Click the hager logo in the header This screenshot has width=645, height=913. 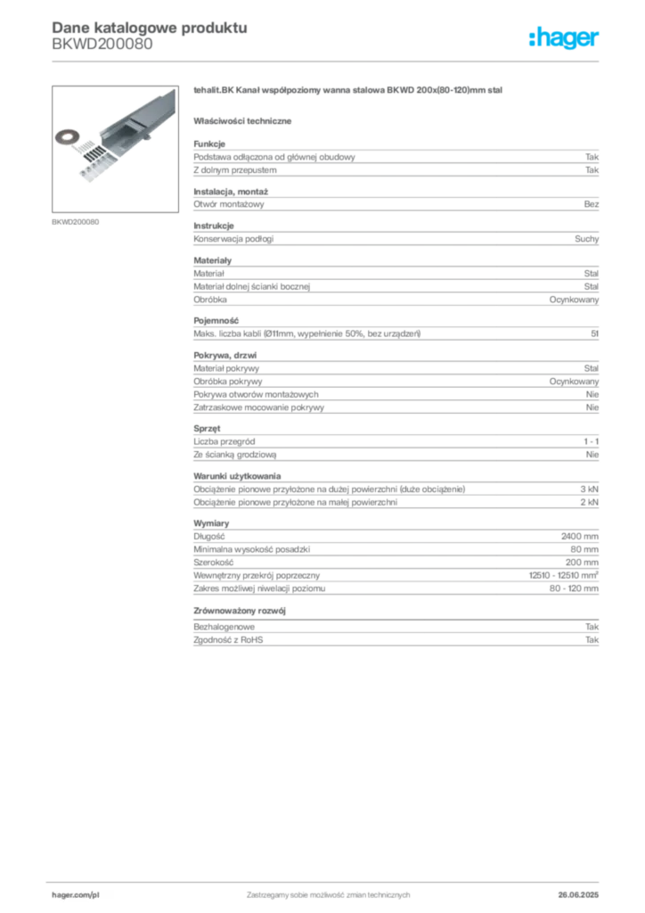tap(564, 38)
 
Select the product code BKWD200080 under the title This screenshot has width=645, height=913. tap(102, 45)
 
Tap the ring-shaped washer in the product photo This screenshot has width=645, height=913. tap(68, 137)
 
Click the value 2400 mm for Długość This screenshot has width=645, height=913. tap(579, 536)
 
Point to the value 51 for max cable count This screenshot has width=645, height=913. tap(594, 333)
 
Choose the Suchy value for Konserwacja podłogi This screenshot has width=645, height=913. tap(586, 239)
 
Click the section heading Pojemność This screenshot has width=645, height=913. tap(216, 321)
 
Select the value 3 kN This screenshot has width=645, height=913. tap(589, 489)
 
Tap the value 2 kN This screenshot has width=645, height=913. tap(589, 502)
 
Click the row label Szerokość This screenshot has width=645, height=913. tap(214, 563)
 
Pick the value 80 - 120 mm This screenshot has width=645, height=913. tap(574, 588)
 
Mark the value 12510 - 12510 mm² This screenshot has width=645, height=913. tap(564, 575)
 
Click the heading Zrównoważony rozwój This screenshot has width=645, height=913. tap(240, 611)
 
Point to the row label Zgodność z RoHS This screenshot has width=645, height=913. tap(228, 640)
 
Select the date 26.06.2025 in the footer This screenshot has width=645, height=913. tap(578, 895)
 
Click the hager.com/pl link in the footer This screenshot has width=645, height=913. tap(76, 895)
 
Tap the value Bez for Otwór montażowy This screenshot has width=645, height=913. tap(591, 204)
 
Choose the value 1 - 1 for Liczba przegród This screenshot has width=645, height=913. tap(591, 441)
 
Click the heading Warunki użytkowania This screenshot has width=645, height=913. tap(237, 476)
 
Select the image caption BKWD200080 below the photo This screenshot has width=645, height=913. tap(75, 222)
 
